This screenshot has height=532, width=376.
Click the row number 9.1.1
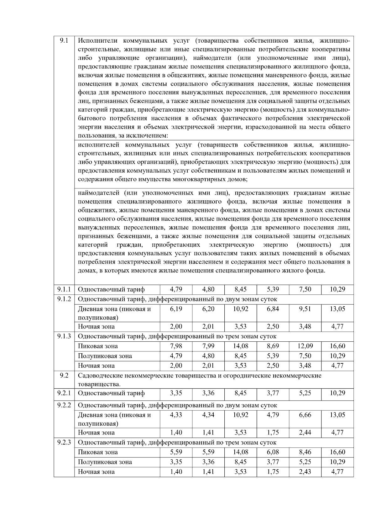point(64,289)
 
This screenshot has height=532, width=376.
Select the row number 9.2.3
point(64,442)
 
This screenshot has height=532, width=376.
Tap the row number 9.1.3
point(64,336)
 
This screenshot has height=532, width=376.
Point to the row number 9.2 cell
point(64,375)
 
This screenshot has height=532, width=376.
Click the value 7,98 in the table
point(176,346)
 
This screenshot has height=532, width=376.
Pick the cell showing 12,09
point(305,346)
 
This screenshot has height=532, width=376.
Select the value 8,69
point(273,346)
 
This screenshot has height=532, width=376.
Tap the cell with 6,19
point(176,309)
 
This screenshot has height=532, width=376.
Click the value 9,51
point(305,309)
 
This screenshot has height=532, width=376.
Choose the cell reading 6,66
point(305,415)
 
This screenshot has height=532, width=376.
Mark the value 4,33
point(176,415)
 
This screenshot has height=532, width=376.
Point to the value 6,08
point(273,452)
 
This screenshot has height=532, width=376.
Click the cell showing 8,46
point(305,452)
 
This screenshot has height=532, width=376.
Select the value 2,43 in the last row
point(305,471)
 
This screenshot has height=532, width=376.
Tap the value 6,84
point(273,309)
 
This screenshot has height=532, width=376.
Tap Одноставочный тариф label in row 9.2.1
point(111,393)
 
